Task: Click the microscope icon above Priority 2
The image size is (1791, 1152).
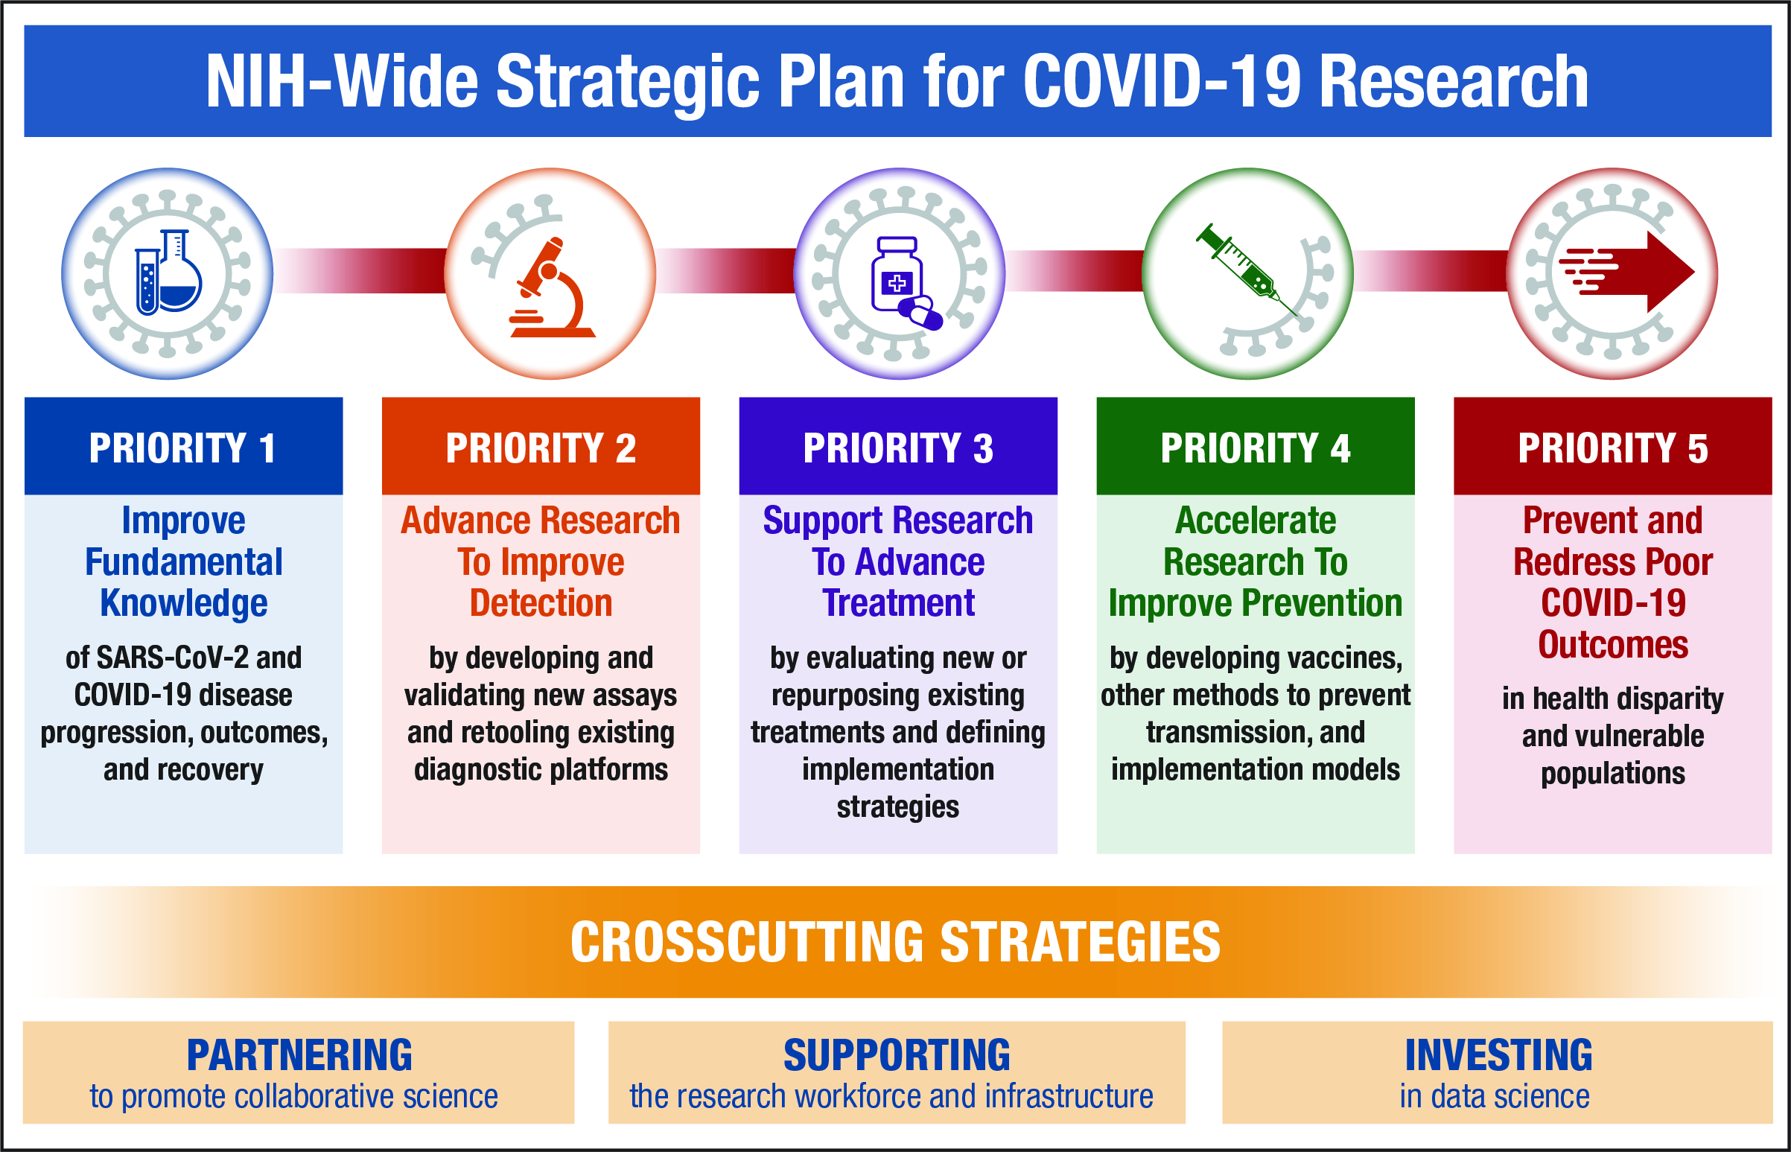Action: click(x=552, y=287)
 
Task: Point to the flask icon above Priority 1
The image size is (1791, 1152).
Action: click(x=168, y=272)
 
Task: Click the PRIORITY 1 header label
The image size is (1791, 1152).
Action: click(x=182, y=448)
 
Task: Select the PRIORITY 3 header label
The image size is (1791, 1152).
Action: click(x=898, y=448)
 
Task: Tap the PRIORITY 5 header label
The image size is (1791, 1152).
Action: click(x=1613, y=448)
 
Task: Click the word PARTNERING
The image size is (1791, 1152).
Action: click(x=299, y=1055)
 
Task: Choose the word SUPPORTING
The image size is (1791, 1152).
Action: click(x=897, y=1055)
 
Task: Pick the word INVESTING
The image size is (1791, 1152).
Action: click(x=1498, y=1055)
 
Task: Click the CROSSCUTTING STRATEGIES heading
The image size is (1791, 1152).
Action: click(x=895, y=942)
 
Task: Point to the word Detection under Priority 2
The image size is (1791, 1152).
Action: click(x=541, y=603)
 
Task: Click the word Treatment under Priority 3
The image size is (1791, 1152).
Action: click(x=899, y=603)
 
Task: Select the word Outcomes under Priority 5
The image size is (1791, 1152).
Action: click(x=1613, y=645)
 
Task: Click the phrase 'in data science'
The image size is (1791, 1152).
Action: click(x=1495, y=1097)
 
